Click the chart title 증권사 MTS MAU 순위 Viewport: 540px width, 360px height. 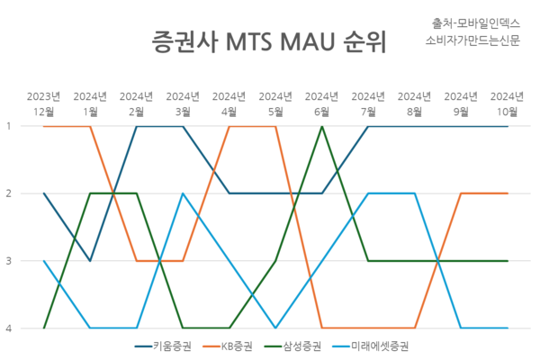click(269, 42)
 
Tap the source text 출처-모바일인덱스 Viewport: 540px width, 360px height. click(476, 23)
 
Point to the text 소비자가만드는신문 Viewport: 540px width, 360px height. click(472, 40)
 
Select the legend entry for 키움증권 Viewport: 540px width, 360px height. click(163, 346)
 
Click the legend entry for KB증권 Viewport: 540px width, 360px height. click(228, 346)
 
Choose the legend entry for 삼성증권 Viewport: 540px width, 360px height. click(292, 346)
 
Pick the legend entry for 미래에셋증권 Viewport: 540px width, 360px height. click(371, 346)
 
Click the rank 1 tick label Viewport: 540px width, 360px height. click(9, 126)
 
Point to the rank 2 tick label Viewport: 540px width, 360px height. click(9, 193)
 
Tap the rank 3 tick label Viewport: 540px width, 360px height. click(9, 261)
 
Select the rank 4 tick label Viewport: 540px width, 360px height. click(9, 328)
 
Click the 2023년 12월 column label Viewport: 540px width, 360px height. click(44, 104)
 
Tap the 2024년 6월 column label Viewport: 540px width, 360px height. click(321, 104)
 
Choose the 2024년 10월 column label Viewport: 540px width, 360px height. click(507, 104)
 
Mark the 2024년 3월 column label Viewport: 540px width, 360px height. click(183, 104)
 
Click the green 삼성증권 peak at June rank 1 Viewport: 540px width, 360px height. click(322, 126)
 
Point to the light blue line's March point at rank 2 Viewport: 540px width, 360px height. click(183, 193)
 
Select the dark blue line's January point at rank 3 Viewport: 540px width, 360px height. click(90, 261)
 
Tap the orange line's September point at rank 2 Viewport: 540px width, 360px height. click(461, 193)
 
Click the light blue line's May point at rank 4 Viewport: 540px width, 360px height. click(275, 328)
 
